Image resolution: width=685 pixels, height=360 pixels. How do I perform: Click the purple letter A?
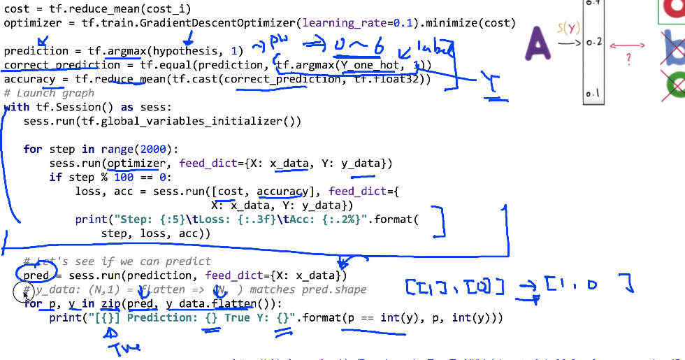coord(539,43)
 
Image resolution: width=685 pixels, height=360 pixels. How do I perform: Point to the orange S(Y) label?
coord(569,29)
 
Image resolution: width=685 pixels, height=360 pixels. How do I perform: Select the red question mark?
coord(628,61)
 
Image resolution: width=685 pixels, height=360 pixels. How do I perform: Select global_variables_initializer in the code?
coord(201,121)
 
